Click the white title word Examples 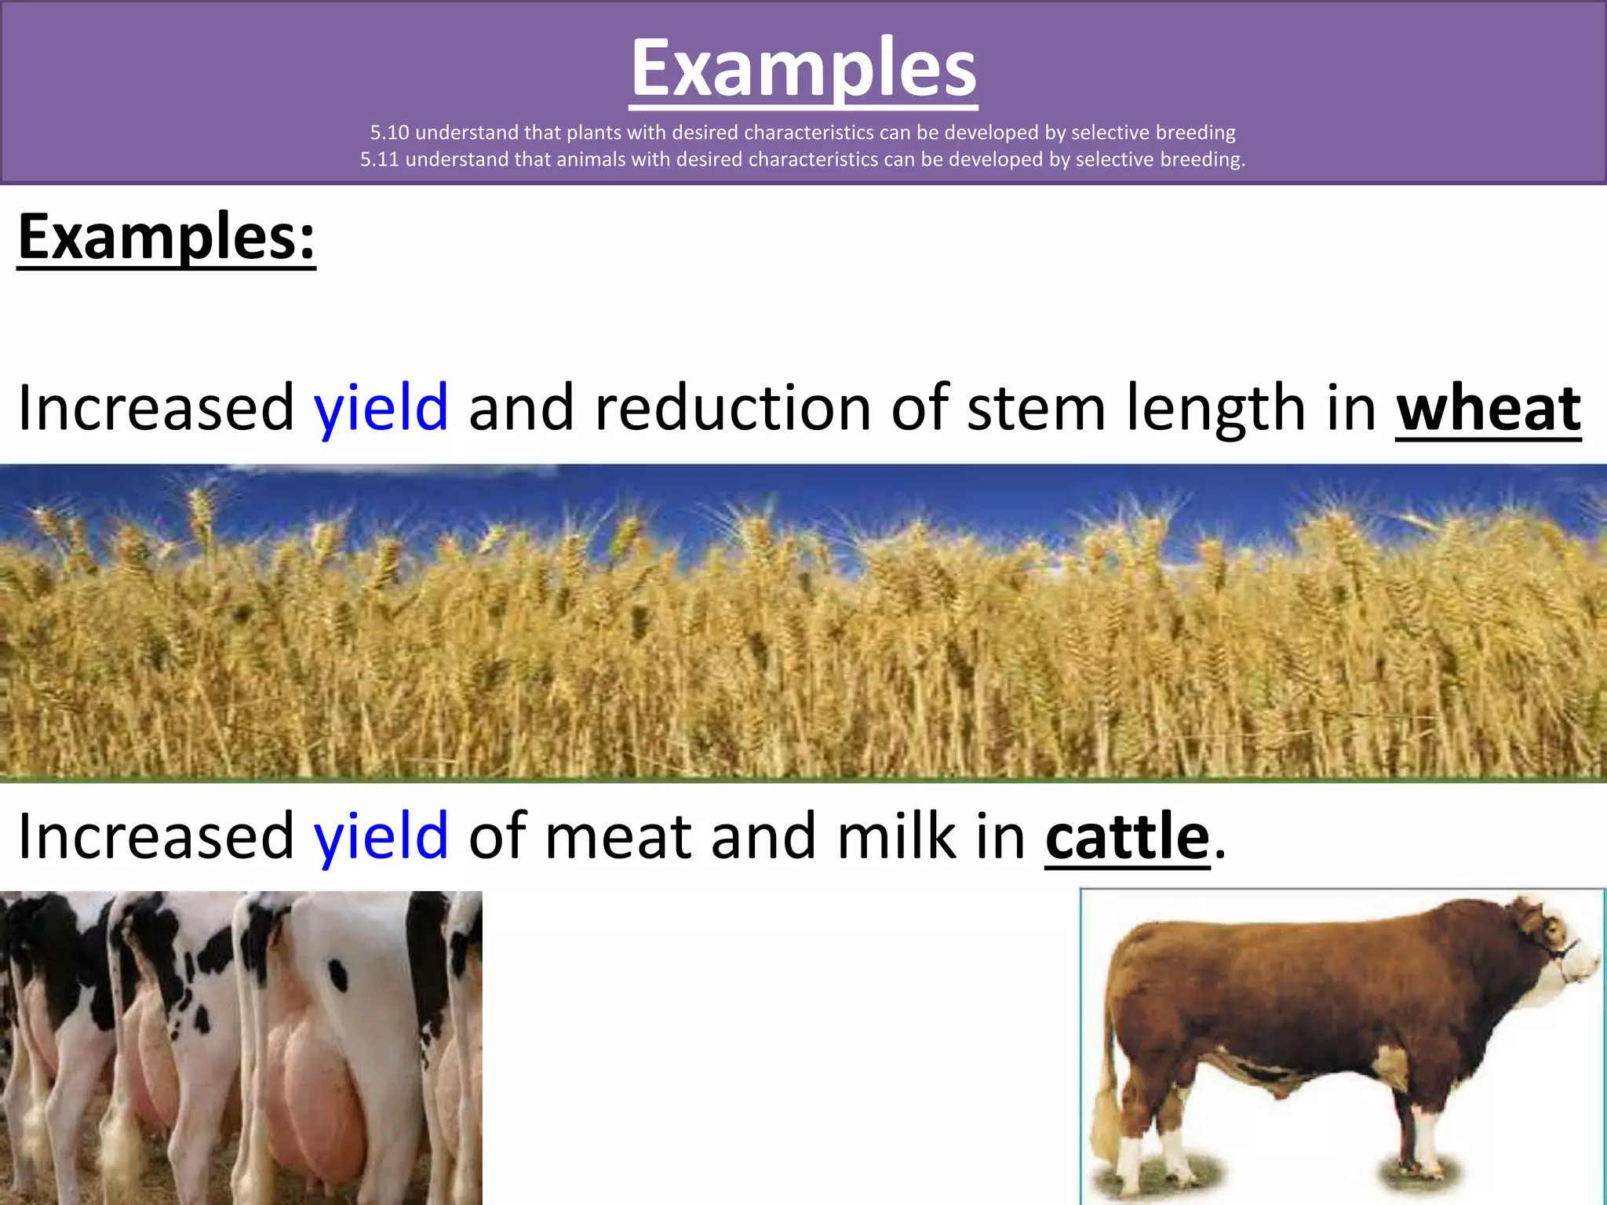(x=803, y=69)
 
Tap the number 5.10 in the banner (x=389, y=133)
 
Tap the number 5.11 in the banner (x=379, y=159)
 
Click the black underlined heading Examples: (x=166, y=237)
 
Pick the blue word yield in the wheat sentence (x=381, y=407)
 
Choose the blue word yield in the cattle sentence (x=381, y=836)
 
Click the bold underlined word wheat (x=1488, y=409)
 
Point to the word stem (x=1036, y=407)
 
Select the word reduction (x=733, y=407)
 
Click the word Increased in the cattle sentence (x=155, y=836)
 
